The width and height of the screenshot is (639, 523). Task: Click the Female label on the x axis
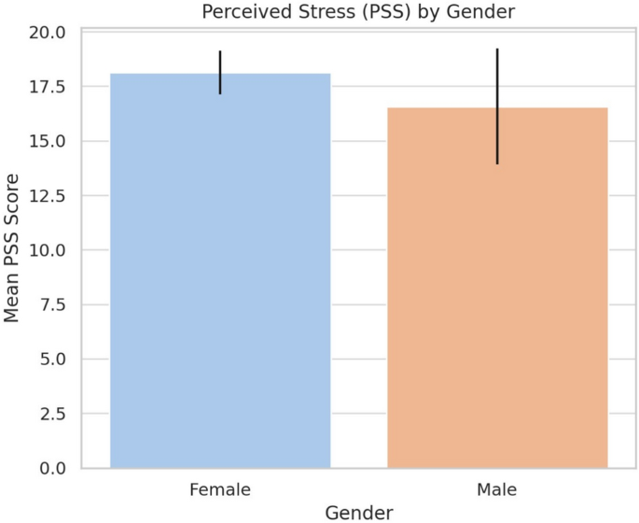pyautogui.click(x=220, y=488)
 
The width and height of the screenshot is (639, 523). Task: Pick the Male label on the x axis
pyautogui.click(x=497, y=488)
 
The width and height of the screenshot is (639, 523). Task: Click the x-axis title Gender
pyautogui.click(x=358, y=511)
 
